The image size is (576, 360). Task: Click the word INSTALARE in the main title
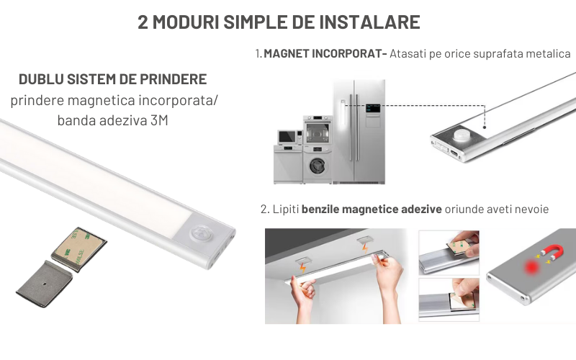coord(369,22)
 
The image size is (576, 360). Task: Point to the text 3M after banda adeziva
coord(159,120)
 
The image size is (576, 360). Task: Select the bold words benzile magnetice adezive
coord(372,210)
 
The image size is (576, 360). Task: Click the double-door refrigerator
coord(359,132)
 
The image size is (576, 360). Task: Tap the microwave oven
coord(289,137)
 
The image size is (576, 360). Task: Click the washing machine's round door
coord(317,166)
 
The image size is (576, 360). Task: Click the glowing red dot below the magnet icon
coord(531,267)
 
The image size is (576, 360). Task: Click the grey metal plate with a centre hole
coord(45,284)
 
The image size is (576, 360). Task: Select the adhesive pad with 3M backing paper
coord(78,248)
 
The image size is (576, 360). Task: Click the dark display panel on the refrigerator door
coord(372,109)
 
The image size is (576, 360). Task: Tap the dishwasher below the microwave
coord(288,164)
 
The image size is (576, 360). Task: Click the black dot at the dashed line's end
coord(485,127)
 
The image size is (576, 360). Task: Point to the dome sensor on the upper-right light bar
coord(462,135)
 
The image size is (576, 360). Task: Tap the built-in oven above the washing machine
coord(318,130)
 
